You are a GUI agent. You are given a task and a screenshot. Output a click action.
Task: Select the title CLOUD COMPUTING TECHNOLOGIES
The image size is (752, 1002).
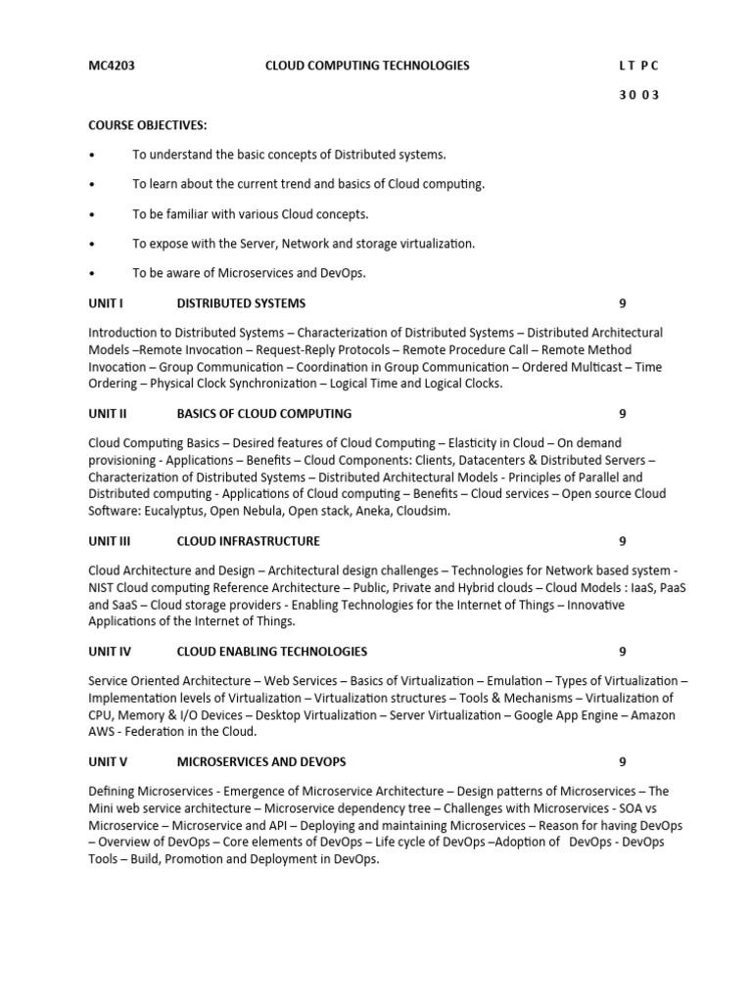[x=367, y=66]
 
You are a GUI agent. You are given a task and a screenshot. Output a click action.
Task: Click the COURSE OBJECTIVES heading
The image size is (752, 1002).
[x=148, y=125]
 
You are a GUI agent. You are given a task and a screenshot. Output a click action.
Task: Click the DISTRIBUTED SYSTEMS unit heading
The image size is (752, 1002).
[x=241, y=303]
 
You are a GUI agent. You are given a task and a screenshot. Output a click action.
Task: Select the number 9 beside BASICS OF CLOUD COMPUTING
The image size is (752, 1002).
[x=622, y=414]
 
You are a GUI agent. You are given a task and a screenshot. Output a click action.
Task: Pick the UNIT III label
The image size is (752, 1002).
[x=110, y=541]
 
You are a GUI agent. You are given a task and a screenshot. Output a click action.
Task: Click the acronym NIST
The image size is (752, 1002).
[x=103, y=587]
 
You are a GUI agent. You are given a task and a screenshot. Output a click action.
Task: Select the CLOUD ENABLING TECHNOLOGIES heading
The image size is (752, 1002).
[x=272, y=652]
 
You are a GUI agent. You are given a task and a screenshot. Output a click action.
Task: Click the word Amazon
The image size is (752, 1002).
[x=654, y=715]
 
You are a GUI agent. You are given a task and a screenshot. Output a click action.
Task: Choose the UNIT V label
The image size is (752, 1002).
[x=108, y=762]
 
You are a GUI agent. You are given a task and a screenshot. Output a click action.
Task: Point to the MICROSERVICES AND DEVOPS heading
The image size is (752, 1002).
[x=261, y=762]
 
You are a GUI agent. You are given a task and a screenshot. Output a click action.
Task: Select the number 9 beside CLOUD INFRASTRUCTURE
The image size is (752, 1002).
[x=622, y=541]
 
